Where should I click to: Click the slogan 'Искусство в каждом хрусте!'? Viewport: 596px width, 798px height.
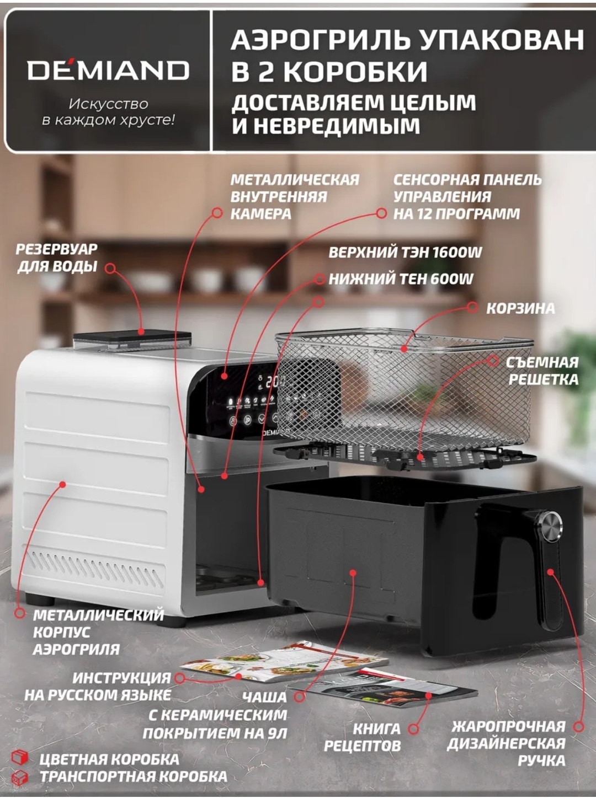tap(108, 112)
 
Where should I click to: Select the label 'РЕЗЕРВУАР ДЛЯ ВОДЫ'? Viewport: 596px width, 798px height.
tap(57, 258)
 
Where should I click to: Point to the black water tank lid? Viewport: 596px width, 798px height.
tap(132, 335)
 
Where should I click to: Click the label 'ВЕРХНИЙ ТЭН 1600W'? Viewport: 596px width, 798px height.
tap(405, 253)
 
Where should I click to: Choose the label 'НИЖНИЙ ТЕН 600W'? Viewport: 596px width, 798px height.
tap(401, 279)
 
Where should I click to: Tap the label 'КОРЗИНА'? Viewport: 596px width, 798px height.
tap(520, 309)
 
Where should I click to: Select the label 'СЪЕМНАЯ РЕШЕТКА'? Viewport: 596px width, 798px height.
tap(542, 371)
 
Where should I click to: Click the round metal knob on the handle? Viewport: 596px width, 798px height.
tap(550, 526)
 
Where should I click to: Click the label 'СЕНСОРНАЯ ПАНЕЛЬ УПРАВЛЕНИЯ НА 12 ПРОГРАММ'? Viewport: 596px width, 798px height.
tap(467, 197)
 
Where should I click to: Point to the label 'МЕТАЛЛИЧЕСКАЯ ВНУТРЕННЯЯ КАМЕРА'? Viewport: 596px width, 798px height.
tap(295, 197)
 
